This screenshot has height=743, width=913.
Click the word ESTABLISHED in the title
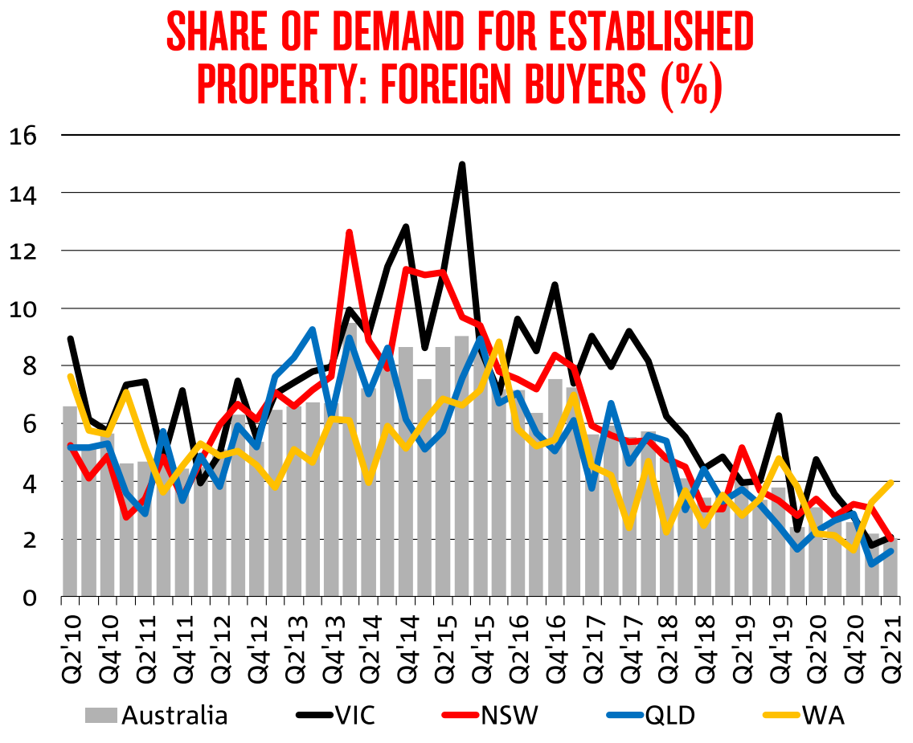(633, 32)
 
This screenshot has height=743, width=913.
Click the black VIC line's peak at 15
(462, 165)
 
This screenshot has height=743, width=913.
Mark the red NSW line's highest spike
(350, 232)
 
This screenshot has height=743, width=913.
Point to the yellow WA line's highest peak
(499, 342)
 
